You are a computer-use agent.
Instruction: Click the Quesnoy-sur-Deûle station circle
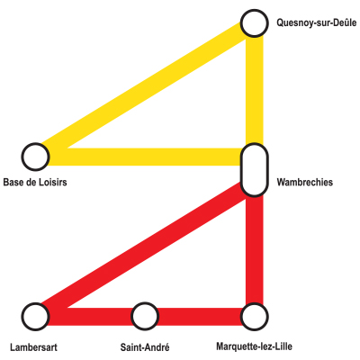click(255, 23)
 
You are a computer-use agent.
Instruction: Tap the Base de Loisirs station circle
click(35, 157)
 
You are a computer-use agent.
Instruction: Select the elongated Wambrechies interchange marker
click(255, 170)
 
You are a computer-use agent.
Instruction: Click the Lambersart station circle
click(35, 317)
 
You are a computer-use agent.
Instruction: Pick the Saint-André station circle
click(145, 316)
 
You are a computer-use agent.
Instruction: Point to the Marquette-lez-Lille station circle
click(255, 317)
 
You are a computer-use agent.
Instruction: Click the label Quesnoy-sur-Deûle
click(317, 22)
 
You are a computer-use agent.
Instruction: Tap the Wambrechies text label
click(305, 182)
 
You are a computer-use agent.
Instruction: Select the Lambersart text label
click(33, 347)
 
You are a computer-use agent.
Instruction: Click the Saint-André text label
click(145, 347)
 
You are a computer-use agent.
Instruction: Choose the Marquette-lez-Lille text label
click(254, 346)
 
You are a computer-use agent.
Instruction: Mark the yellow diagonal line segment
click(144, 90)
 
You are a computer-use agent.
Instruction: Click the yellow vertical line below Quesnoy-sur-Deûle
click(255, 90)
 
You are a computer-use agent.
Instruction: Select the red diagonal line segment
click(144, 250)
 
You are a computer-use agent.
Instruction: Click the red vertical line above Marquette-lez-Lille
click(255, 250)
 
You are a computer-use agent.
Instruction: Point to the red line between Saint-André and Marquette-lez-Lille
click(200, 317)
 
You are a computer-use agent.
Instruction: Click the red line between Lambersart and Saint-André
click(90, 317)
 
